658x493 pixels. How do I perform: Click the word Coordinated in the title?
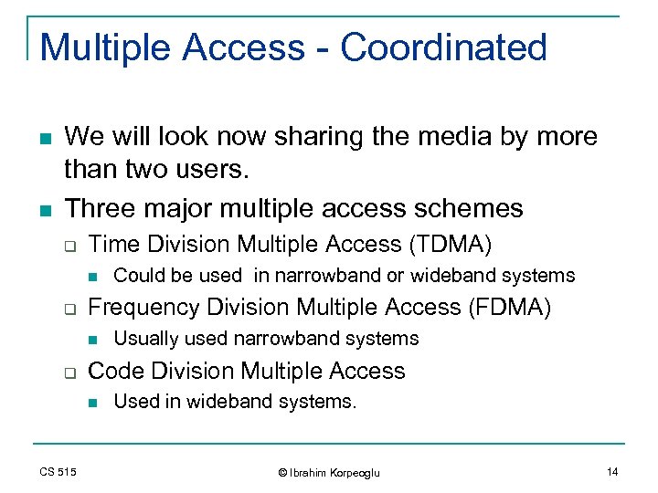point(444,47)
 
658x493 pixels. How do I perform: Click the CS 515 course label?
point(58,471)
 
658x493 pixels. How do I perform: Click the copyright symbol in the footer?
point(282,472)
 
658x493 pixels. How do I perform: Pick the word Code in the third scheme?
point(113,371)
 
